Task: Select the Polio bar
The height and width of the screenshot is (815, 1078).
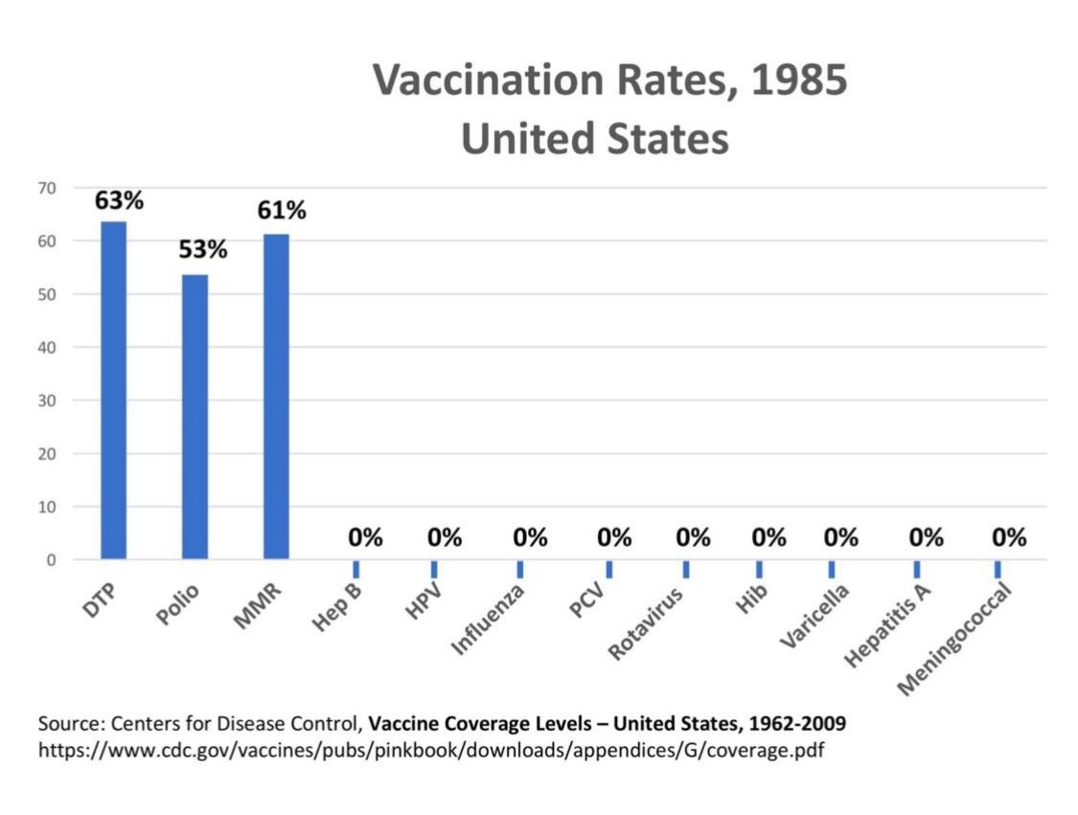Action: tap(195, 417)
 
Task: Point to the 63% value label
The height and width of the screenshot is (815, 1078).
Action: tap(119, 201)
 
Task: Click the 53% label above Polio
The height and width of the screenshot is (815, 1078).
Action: tap(202, 250)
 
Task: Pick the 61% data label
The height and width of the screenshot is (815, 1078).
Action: tap(282, 210)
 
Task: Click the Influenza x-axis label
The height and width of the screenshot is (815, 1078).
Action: tap(489, 622)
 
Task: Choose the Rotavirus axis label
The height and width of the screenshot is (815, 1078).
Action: tap(647, 623)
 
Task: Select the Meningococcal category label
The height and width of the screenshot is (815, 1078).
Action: tap(958, 637)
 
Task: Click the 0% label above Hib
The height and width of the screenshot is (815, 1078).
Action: tap(768, 538)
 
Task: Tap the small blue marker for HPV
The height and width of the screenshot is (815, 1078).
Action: tap(434, 569)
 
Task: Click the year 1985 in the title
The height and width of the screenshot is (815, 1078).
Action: tap(799, 79)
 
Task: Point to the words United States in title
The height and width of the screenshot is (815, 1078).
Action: tap(594, 139)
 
